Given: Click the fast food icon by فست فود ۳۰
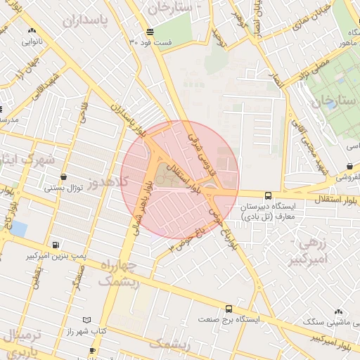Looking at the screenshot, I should pyautogui.click(x=150, y=32).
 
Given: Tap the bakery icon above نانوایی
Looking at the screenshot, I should pyautogui.click(x=32, y=31).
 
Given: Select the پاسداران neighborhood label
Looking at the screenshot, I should pyautogui.click(x=87, y=20).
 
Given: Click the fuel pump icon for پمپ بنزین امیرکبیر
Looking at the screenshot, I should pyautogui.click(x=56, y=245).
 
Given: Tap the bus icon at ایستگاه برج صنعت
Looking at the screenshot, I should pyautogui.click(x=229, y=309).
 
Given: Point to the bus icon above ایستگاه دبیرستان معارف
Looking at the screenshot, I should pyautogui.click(x=267, y=196).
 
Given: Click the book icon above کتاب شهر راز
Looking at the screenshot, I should pyautogui.click(x=86, y=320).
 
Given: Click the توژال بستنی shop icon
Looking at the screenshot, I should pyautogui.click(x=65, y=177).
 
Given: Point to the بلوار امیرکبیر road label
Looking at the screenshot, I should pyautogui.click(x=335, y=340).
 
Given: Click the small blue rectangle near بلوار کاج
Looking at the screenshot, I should pyautogui.click(x=19, y=229).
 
